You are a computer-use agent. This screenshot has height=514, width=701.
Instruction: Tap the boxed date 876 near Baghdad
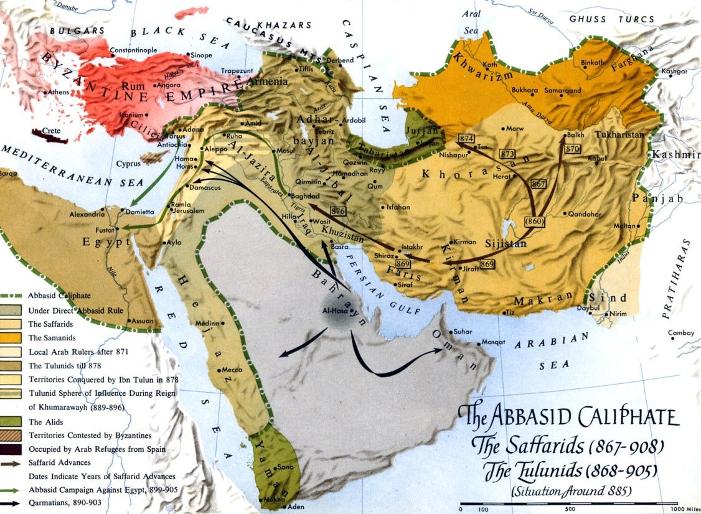pos(339,212)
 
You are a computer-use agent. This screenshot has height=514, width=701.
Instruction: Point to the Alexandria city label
pos(87,215)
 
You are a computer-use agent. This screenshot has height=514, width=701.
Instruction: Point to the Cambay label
pos(680,333)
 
